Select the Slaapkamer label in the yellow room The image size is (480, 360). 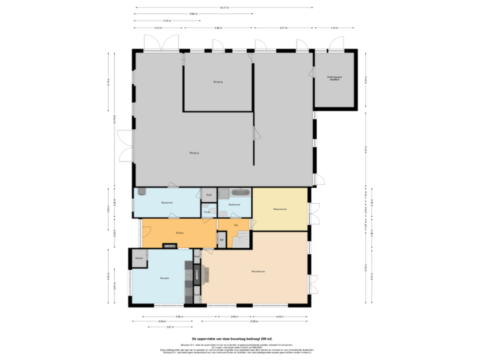click(279, 209)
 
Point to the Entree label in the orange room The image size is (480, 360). click(179, 233)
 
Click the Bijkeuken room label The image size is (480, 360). click(166, 202)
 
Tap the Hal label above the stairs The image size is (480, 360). click(237, 225)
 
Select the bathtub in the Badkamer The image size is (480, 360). click(239, 193)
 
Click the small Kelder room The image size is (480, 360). click(139, 258)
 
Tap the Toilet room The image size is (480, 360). click(208, 213)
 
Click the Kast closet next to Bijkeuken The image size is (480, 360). click(209, 195)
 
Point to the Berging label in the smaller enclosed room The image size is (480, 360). click(217, 82)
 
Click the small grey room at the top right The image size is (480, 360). click(334, 79)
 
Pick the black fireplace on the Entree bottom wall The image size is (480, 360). click(169, 245)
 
